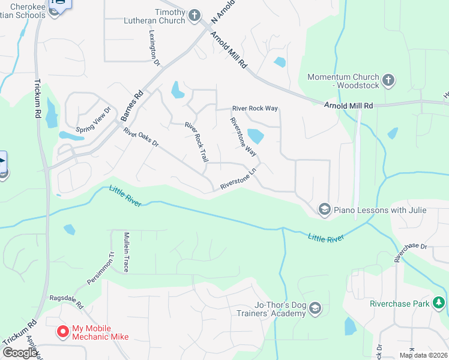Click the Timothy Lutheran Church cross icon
194,16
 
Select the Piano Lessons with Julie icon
325,209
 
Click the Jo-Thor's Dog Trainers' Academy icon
316,309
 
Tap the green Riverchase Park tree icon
439,303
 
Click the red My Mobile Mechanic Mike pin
62,331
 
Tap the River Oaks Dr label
141,138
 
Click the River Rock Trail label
196,142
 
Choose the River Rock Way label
255,109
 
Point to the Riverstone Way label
243,136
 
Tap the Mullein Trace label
127,252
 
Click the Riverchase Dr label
410,253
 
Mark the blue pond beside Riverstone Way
255,136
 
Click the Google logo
20,352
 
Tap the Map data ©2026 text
423,355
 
